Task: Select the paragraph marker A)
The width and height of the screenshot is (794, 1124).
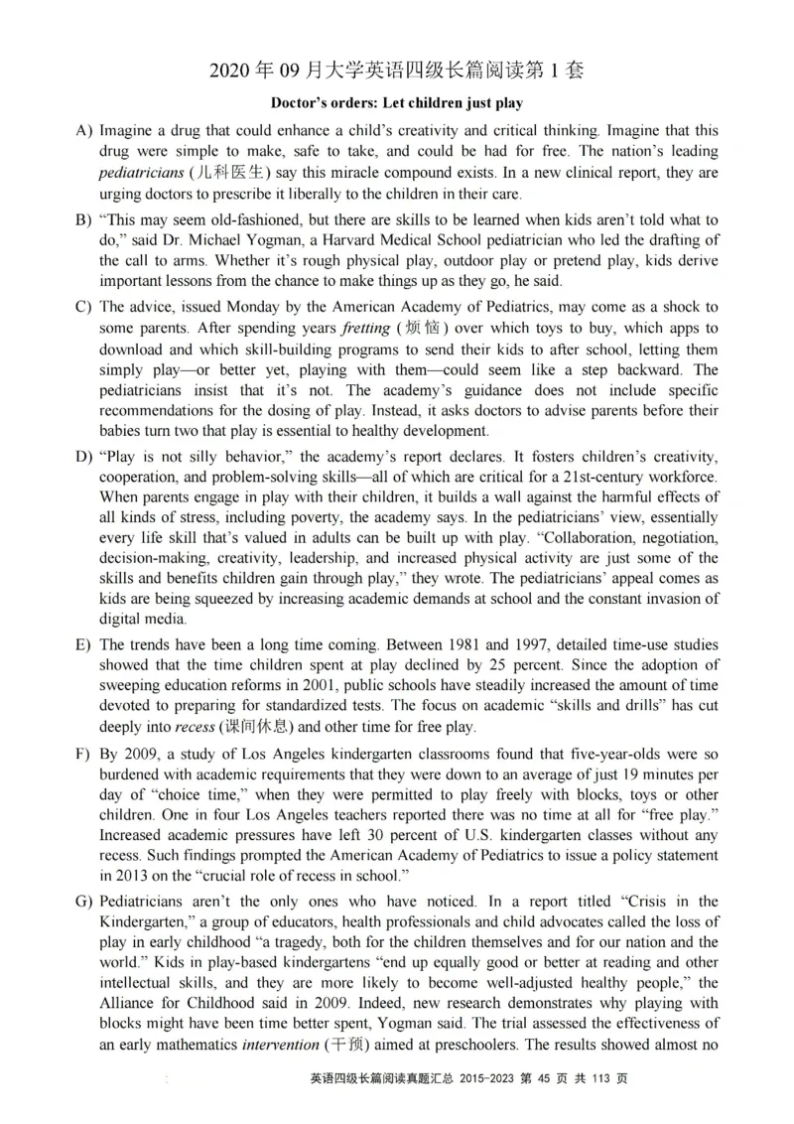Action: pyautogui.click(x=83, y=131)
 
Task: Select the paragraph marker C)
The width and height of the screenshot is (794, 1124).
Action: pyautogui.click(x=83, y=307)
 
